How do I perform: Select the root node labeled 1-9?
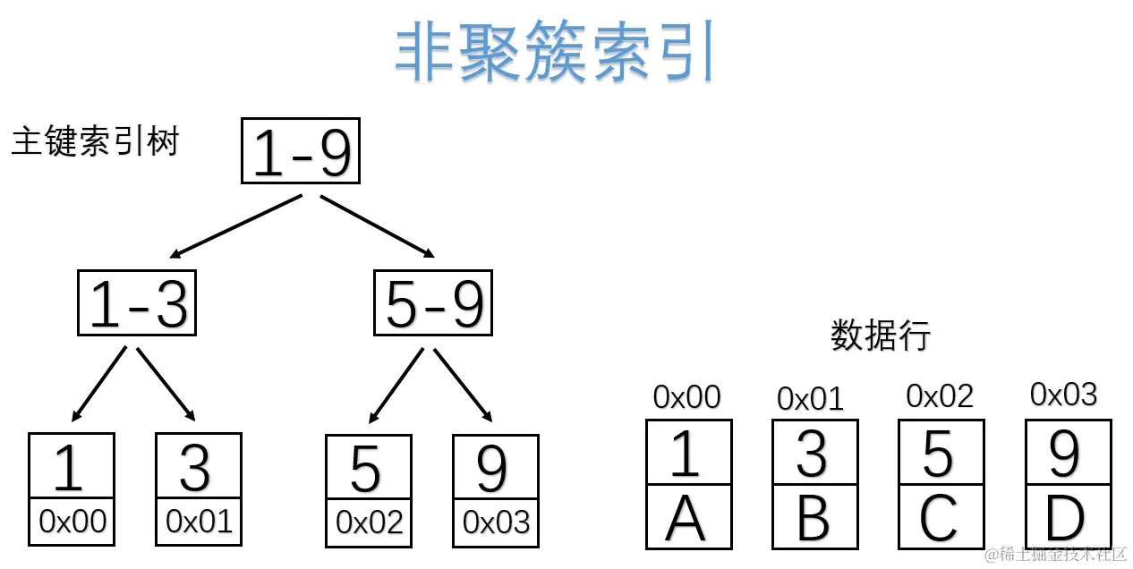pos(301,150)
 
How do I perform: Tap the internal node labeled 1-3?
pos(137,302)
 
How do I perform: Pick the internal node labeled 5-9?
pos(433,302)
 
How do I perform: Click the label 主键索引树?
pos(95,141)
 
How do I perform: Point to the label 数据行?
pos(880,335)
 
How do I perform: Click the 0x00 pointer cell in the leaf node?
pos(72,522)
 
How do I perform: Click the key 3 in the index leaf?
pos(197,467)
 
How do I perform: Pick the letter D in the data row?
pos(1065,518)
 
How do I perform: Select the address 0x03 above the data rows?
pos(1063,394)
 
